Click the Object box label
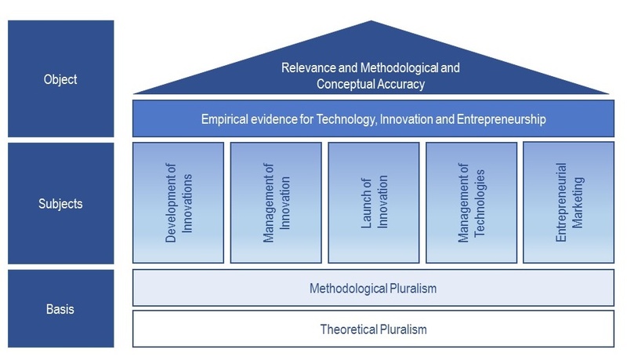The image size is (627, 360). [60, 79]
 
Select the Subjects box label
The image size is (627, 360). [60, 204]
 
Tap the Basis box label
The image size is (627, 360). [60, 309]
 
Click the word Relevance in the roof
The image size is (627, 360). [308, 67]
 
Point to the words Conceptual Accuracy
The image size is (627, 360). [371, 84]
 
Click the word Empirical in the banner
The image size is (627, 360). [224, 118]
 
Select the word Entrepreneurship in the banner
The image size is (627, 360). [502, 118]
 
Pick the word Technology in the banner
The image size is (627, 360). [346, 118]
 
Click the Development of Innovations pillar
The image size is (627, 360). [179, 203]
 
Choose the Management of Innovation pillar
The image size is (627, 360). [276, 203]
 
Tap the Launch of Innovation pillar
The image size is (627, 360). [374, 203]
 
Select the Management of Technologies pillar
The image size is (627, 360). [472, 203]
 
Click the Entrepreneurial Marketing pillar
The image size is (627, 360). [569, 202]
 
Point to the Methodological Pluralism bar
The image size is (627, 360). [374, 288]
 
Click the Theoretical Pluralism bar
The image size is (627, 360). [374, 329]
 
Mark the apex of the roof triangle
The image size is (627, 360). [371, 21]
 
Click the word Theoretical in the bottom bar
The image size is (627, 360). [349, 329]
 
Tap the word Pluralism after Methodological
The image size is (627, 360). [413, 289]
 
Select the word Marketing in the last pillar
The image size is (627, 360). [577, 202]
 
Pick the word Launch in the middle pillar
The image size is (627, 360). [366, 203]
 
